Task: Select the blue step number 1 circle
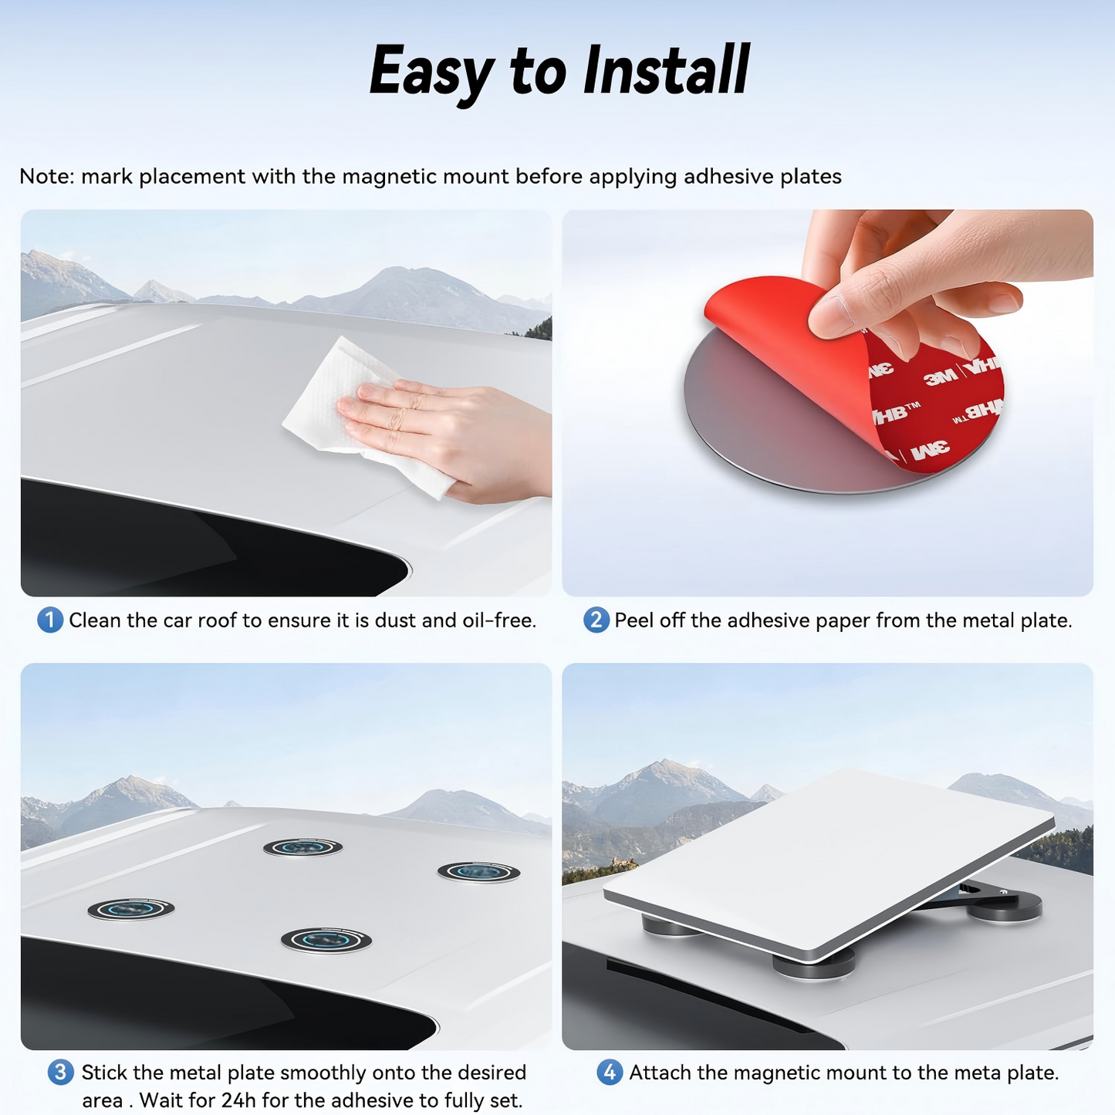click(49, 620)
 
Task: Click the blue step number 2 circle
click(596, 620)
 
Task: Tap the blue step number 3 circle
click(60, 1073)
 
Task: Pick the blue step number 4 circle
click(610, 1073)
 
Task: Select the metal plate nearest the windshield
click(326, 940)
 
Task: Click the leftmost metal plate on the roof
click(130, 909)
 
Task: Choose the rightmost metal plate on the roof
click(478, 872)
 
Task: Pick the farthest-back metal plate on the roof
click(302, 848)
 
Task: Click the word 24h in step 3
click(238, 1100)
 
